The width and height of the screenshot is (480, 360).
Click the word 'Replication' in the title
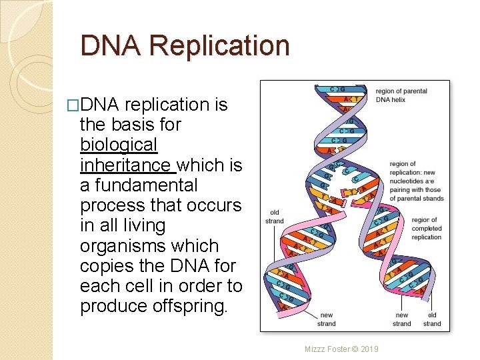tap(220, 46)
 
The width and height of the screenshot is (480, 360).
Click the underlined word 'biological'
tap(118, 145)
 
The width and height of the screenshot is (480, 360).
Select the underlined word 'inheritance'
tap(125, 165)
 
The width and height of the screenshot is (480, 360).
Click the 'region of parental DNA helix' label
tap(401, 95)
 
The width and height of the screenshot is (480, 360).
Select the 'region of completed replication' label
tap(426, 228)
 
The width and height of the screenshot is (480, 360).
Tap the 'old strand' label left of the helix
tap(274, 217)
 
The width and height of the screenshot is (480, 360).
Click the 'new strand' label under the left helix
tap(327, 319)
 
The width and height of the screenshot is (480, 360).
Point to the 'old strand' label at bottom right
tap(432, 319)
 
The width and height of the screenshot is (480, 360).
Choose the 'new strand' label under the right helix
tap(402, 319)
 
